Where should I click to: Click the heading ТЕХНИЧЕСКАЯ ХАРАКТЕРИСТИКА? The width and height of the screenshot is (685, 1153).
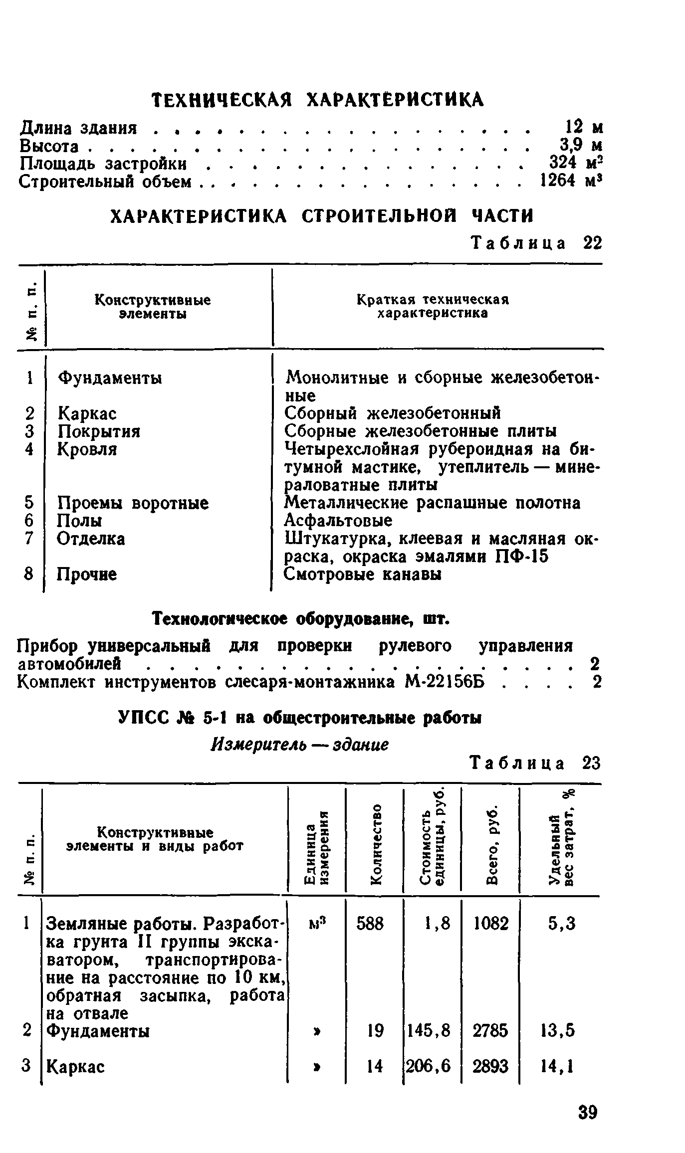(x=318, y=99)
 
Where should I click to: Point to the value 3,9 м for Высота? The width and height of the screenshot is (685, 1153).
(x=581, y=146)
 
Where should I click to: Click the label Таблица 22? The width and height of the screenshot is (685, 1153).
(x=537, y=243)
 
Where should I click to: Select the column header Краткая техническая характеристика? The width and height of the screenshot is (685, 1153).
(x=433, y=306)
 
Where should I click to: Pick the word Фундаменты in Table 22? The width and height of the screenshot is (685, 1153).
(x=110, y=378)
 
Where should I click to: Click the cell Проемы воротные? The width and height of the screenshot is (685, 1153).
(x=133, y=503)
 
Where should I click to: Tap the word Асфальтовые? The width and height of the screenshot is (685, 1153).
(x=338, y=521)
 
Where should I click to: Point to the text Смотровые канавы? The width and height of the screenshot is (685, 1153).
(x=363, y=575)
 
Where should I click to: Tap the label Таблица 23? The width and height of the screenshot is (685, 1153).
(x=536, y=764)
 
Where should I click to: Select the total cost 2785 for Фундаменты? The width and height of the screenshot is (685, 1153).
(x=490, y=1030)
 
